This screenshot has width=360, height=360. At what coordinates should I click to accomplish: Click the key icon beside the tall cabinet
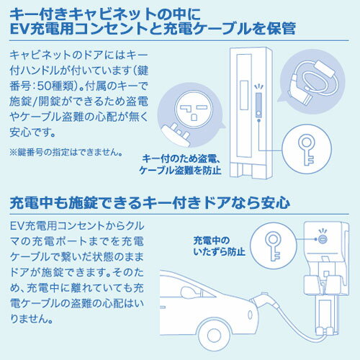click(x=306, y=149)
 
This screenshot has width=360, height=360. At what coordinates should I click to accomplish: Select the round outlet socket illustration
click(x=194, y=109)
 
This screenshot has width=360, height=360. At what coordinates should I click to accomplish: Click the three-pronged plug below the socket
click(x=176, y=135)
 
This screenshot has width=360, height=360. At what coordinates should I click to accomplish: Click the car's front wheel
click(x=215, y=334)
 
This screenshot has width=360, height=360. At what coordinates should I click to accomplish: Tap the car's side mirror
click(x=189, y=293)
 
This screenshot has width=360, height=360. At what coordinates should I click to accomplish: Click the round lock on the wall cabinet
click(x=323, y=239)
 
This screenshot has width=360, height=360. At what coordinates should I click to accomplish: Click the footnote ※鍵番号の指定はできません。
click(x=66, y=152)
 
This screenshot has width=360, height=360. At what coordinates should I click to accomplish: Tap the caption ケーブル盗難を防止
click(x=180, y=171)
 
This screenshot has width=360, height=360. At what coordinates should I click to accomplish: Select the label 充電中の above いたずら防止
click(x=212, y=240)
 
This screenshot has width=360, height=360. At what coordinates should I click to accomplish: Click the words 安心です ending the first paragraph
click(x=32, y=132)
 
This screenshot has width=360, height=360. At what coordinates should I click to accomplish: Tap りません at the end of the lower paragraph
click(x=31, y=319)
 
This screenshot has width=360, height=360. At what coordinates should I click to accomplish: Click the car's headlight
click(x=250, y=315)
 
